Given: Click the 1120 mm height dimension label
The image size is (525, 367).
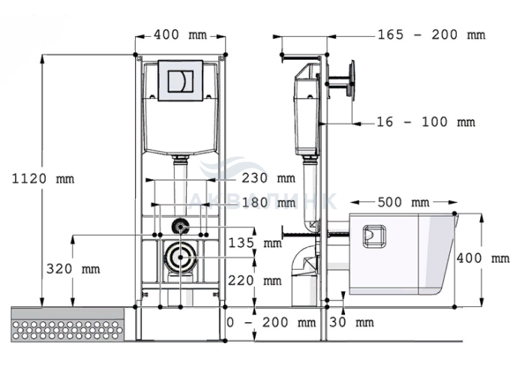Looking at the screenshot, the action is [43, 179].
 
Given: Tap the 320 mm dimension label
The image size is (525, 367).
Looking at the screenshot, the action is [73, 269].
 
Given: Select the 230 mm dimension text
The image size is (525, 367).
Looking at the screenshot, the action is [268, 178].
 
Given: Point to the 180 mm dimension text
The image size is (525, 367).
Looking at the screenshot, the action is [268, 202].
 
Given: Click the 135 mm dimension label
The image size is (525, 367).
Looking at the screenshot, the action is [255, 243].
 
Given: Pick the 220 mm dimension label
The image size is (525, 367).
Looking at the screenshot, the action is [255, 280].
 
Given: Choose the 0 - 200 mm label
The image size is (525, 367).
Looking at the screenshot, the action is [271, 323].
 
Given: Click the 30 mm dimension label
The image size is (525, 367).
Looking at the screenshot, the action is [352, 323].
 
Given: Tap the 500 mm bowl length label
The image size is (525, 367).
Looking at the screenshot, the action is [403, 202].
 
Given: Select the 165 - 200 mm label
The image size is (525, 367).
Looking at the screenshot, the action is [431, 34].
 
